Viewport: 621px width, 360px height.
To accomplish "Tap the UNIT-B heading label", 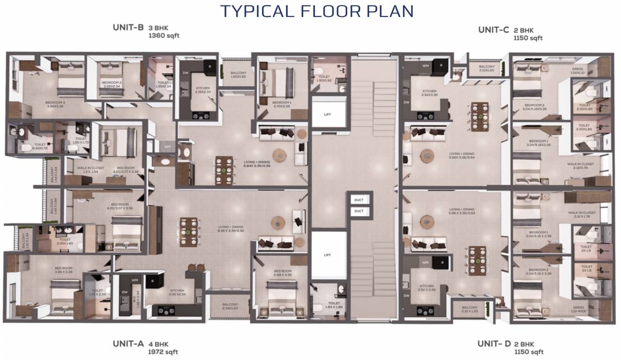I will click(x=128, y=27).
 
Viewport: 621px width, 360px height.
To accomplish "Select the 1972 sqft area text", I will click(x=163, y=352).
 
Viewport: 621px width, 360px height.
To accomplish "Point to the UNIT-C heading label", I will click(x=494, y=30).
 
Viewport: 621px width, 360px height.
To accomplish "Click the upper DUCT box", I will click(x=359, y=200).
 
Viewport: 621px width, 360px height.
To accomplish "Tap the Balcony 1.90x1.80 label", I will click(x=238, y=75).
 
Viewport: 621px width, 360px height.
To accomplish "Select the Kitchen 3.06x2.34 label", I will click(x=177, y=292).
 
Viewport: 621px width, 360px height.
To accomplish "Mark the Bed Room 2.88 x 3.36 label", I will click(x=283, y=273).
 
